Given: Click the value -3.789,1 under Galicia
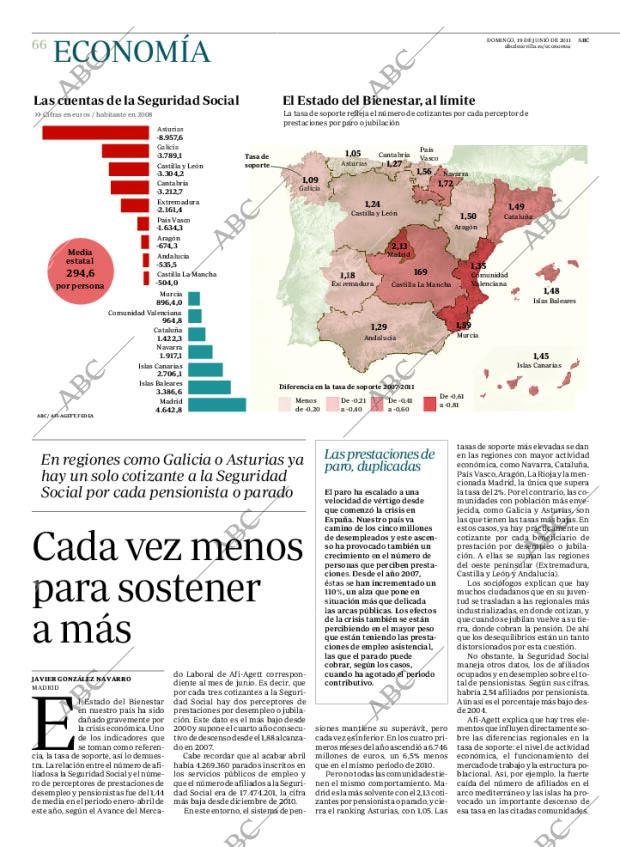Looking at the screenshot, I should click(169, 156).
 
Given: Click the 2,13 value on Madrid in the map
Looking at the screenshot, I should click(399, 246).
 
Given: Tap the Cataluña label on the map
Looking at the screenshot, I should click(517, 216).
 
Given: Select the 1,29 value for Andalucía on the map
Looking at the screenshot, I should click(379, 327).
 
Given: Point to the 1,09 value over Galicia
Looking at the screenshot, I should click(310, 180).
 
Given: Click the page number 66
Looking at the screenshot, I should click(39, 45).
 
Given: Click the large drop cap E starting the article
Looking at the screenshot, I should click(45, 722).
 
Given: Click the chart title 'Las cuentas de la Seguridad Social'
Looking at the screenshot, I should click(136, 100).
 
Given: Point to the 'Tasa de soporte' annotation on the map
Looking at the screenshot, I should click(257, 160).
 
